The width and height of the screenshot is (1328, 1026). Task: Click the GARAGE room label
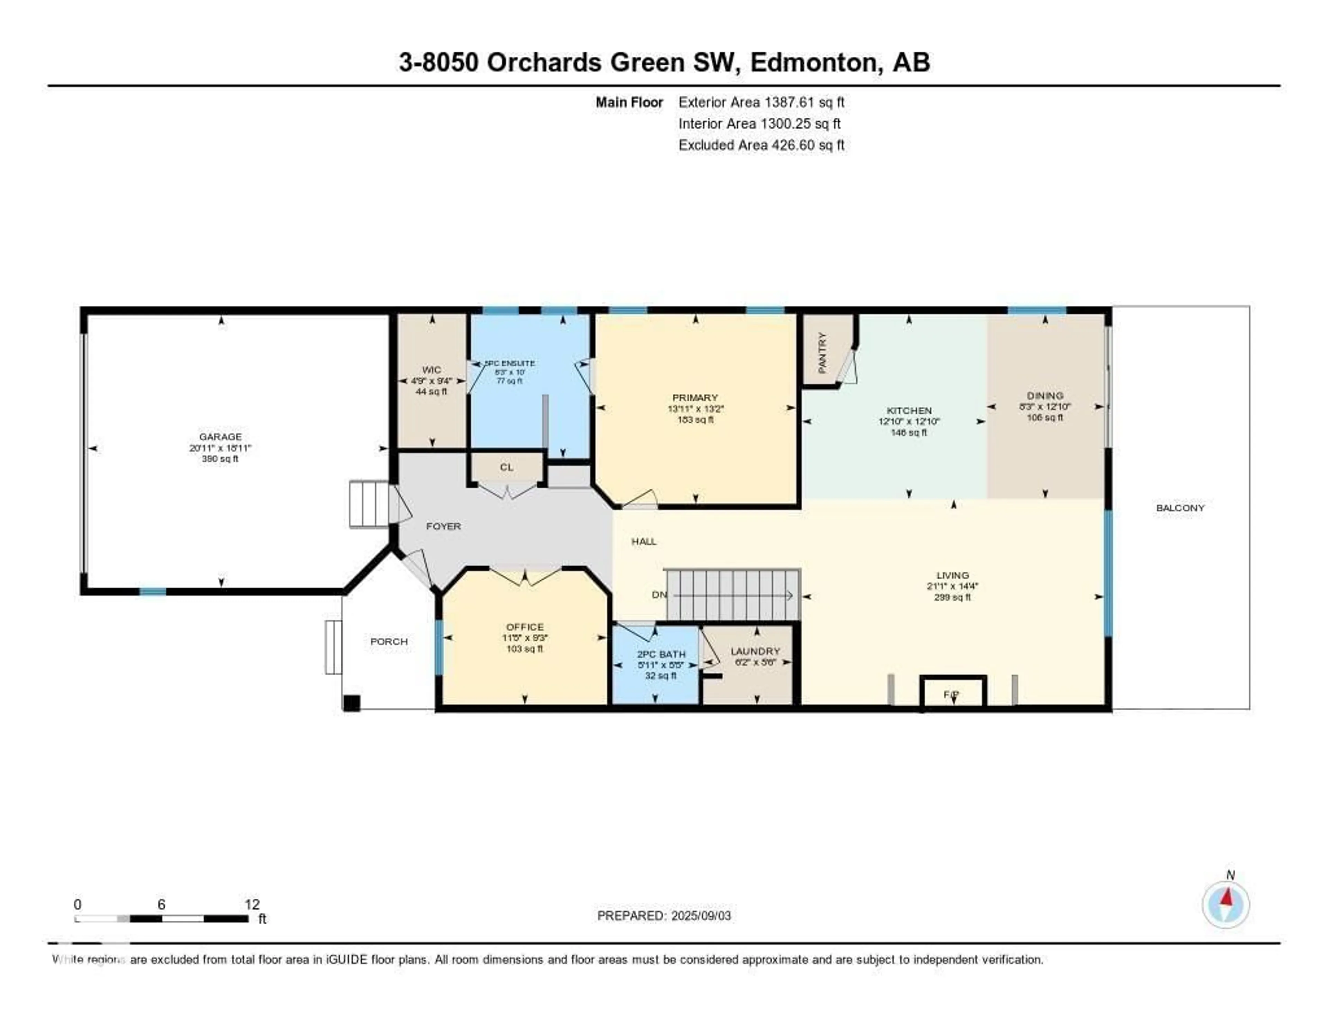(220, 437)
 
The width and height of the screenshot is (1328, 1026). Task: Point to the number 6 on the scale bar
(161, 904)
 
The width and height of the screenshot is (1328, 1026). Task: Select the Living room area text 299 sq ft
(952, 597)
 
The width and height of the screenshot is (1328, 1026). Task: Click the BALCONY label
(1180, 508)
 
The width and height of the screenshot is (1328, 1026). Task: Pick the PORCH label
(389, 642)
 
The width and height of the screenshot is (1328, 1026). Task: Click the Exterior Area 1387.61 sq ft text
(761, 102)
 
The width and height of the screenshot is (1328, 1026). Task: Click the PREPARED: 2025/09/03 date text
(664, 916)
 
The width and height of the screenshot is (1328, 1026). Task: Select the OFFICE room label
(525, 627)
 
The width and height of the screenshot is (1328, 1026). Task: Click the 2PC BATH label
(661, 654)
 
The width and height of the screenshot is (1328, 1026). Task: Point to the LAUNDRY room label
(755, 651)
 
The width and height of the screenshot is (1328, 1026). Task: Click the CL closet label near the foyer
(507, 467)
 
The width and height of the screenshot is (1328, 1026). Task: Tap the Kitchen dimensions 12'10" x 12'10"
(909, 421)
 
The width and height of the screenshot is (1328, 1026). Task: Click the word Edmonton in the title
(816, 63)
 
